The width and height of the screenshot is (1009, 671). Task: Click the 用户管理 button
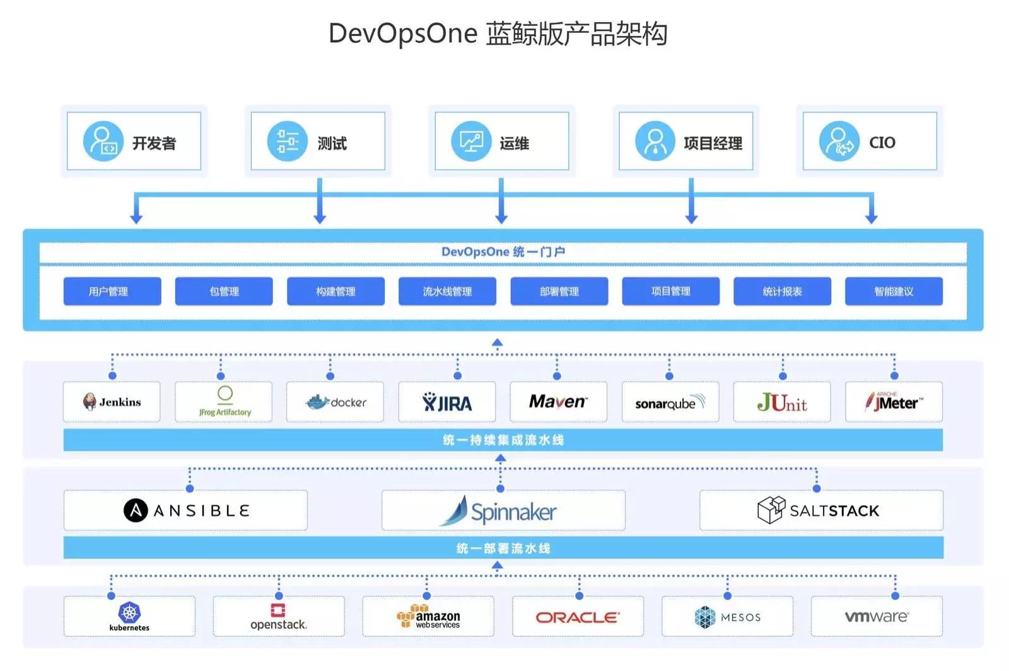coord(112,291)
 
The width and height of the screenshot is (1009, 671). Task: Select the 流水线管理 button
coord(447,291)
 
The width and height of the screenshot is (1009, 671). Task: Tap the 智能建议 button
coord(894,291)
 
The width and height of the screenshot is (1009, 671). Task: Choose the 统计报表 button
coord(782,291)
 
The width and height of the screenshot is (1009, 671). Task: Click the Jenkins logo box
coord(112,402)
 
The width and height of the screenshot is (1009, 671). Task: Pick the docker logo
coord(335,402)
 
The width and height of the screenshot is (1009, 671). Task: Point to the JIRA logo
coord(447,402)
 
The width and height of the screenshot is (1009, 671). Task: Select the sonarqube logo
coord(670,402)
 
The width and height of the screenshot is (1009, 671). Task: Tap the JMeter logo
coord(894,402)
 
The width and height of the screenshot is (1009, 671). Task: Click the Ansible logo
coord(186,510)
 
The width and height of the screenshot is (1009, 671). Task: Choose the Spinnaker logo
coord(498,511)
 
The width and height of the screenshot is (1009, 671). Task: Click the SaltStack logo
coord(818,510)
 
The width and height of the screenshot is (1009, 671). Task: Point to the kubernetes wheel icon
coord(129,612)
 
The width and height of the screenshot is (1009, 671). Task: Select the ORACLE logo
coord(578,617)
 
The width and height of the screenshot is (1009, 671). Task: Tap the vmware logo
coord(877,616)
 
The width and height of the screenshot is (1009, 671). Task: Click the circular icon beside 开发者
coord(103,141)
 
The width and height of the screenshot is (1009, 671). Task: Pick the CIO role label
coord(882,143)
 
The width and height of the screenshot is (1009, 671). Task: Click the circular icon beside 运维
coord(471,141)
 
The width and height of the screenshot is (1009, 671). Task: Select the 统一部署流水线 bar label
coord(503,548)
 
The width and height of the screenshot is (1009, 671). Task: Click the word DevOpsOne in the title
coord(403,34)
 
